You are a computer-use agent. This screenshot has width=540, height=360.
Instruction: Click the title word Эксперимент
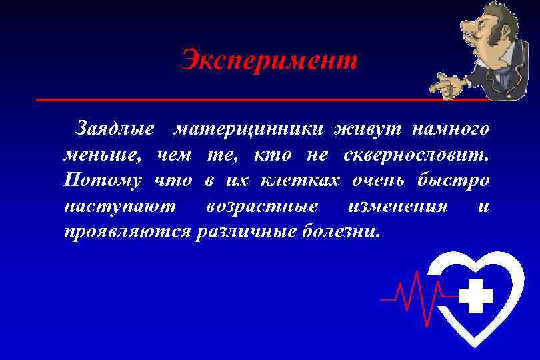pyautogui.click(x=269, y=61)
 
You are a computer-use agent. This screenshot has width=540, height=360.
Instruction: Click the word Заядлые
pyautogui.click(x=115, y=127)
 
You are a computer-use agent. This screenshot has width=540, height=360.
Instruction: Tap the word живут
pyautogui.click(x=363, y=127)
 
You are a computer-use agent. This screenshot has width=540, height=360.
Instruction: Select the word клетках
pyautogui.click(x=301, y=180)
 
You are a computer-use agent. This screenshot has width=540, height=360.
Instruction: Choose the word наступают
pyautogui.click(x=120, y=206)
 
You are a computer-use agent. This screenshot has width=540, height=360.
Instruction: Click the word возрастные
pyautogui.click(x=262, y=206)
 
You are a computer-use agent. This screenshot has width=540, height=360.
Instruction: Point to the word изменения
pyautogui.click(x=397, y=206)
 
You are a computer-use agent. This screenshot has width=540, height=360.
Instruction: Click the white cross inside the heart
pyautogui.click(x=476, y=296)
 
